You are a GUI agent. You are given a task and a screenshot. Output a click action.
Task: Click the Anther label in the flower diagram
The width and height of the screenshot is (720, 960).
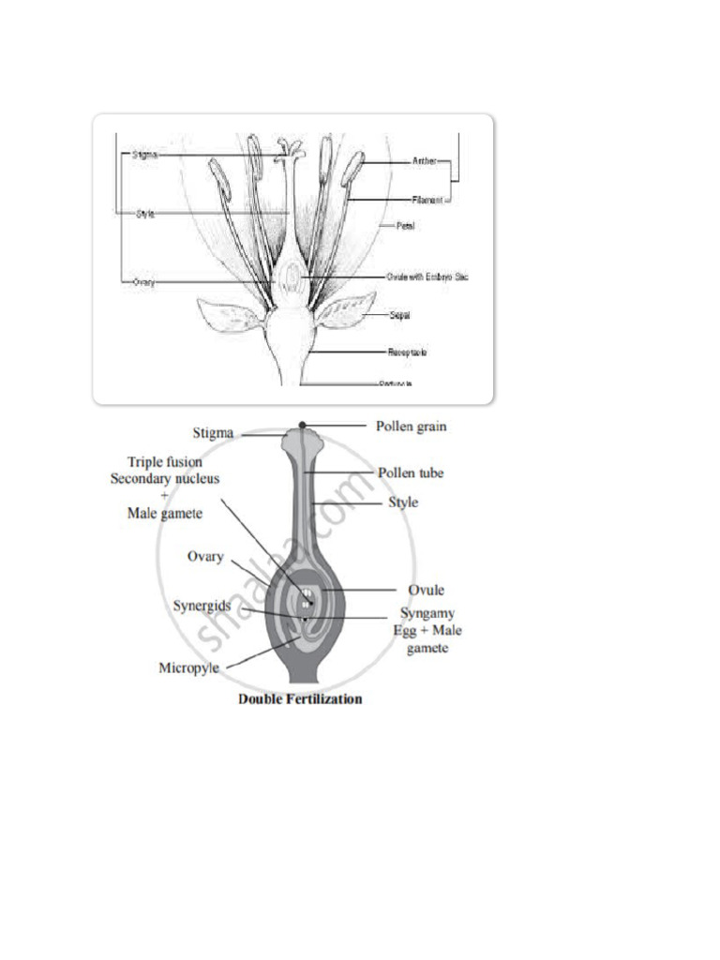pos(425,161)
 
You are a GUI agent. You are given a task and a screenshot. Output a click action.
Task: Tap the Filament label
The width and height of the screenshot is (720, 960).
pos(427,200)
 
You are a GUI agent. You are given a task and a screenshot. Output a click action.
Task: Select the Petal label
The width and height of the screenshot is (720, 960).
pos(406,226)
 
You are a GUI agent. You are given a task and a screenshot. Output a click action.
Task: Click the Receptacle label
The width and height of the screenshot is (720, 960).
pos(409,352)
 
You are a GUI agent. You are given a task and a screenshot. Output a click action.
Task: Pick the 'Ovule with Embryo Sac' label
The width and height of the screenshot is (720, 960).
pos(427,277)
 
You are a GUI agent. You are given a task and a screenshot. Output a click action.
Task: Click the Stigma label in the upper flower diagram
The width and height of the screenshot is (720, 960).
pos(145,155)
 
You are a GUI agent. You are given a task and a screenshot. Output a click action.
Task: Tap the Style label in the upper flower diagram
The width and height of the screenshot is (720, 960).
pos(145,214)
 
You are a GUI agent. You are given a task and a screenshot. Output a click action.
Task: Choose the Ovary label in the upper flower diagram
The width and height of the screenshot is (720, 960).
pos(143,281)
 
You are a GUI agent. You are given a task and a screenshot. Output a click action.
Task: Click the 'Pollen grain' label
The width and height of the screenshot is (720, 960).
pos(412,427)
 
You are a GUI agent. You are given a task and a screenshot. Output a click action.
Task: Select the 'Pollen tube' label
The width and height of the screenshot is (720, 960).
pos(411,473)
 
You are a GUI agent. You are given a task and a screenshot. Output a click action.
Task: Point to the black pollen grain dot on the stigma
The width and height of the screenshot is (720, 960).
pos(303,426)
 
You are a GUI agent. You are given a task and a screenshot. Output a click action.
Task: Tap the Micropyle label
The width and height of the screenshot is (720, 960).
pos(192,668)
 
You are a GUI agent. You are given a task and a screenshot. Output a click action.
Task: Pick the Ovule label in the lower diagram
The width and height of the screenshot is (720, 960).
pos(427,591)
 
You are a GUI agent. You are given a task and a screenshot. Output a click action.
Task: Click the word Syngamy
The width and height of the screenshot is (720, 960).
pos(428,613)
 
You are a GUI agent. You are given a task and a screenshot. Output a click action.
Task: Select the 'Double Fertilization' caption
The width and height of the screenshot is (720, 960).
pos(300,698)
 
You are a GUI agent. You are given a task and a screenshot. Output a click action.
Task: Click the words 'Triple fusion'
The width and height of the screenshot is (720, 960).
pos(165,461)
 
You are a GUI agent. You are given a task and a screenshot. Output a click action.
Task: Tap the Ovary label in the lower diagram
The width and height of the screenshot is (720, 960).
pos(206,556)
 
